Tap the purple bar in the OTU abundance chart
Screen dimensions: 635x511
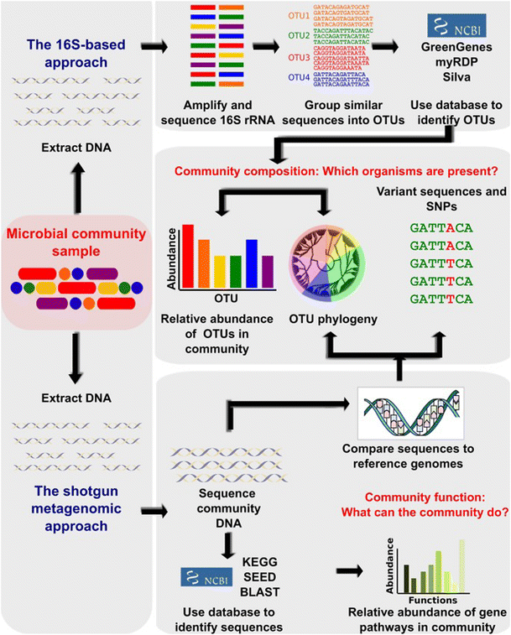[268, 271]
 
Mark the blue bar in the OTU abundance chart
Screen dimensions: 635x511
[252, 263]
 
